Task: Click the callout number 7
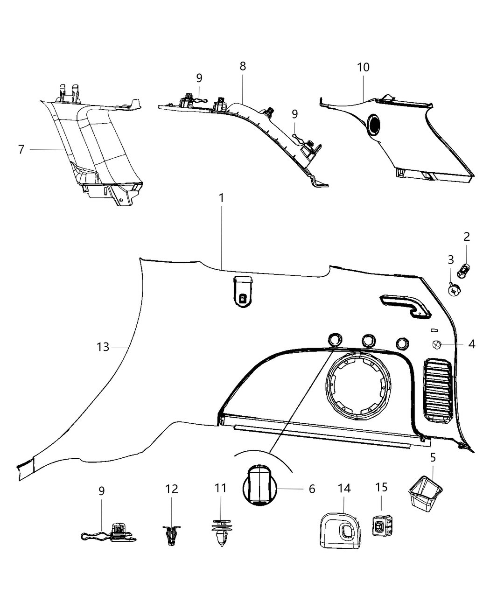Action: tap(21, 150)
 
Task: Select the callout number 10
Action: tap(363, 67)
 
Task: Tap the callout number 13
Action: tap(103, 347)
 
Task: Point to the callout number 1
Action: tap(222, 198)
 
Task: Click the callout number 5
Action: tap(433, 457)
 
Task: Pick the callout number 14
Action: tap(344, 489)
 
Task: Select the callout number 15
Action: tap(381, 487)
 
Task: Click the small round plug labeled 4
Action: tap(437, 345)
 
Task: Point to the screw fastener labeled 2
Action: tap(465, 269)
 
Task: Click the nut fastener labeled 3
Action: tap(453, 290)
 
